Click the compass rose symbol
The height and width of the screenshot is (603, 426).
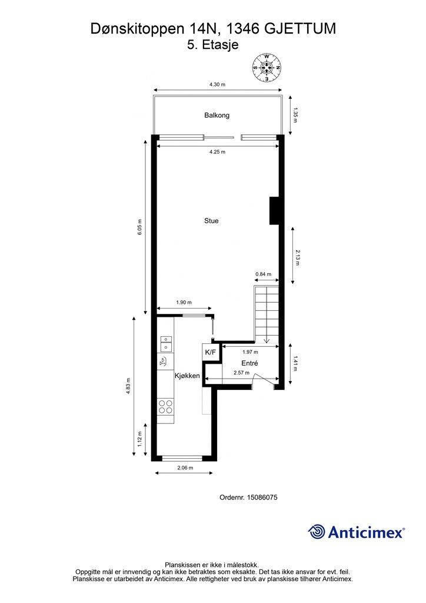point(267,68)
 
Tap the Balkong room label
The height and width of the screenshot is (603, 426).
point(217,115)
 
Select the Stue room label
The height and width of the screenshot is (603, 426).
point(211,221)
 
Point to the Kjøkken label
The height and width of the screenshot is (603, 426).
point(187,376)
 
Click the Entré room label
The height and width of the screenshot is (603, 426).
point(249,363)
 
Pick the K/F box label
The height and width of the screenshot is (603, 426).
point(211,352)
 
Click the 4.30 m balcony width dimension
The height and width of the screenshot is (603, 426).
point(217,85)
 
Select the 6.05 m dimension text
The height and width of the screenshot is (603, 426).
point(140,227)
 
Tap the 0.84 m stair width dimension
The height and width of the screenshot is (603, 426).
point(264,274)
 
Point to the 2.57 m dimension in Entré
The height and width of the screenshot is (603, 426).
point(241,373)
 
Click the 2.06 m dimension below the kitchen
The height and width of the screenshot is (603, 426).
point(185,468)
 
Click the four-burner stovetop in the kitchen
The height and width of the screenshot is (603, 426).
point(165,406)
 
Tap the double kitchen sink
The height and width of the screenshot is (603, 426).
point(165,343)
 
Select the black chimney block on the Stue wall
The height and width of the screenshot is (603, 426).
point(274,210)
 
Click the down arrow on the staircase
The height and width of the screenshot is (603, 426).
point(267,339)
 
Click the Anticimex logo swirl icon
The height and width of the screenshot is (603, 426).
point(317,532)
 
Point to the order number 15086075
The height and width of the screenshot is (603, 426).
point(263,497)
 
